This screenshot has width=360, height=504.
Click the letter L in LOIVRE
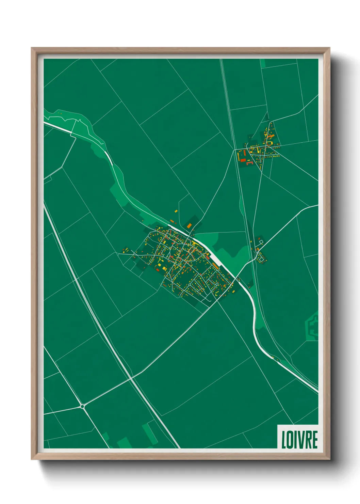pyautogui.click(x=283, y=440)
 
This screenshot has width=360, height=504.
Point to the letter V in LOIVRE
pyautogui.click(x=299, y=440)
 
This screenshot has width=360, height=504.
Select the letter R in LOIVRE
pyautogui.click(x=307, y=440)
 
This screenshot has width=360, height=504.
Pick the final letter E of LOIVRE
pyautogui.click(x=314, y=440)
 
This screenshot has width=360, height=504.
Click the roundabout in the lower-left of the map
pyautogui.click(x=82, y=406)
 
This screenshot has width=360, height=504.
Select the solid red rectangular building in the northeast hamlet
pyautogui.click(x=243, y=160)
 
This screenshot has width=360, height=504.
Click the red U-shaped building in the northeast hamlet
pyautogui.click(x=249, y=163)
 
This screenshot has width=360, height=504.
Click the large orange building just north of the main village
pyautogui.click(x=189, y=225)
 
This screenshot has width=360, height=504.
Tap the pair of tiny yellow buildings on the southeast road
pyautogui.click(x=273, y=357)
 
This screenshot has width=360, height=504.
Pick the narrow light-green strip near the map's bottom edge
pyautogui.click(x=149, y=432)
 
